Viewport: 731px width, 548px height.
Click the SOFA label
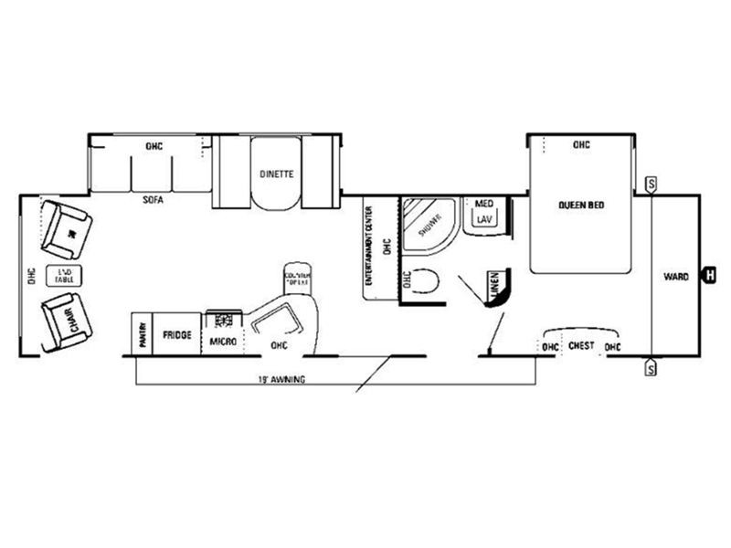tap(153, 200)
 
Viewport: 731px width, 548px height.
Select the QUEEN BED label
tap(582, 205)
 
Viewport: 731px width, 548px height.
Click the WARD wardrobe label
tap(676, 276)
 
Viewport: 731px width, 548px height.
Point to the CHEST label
tap(581, 346)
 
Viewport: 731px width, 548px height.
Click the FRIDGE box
tap(177, 334)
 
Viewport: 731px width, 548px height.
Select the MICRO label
tap(223, 342)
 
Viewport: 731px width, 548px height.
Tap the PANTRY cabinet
tap(143, 334)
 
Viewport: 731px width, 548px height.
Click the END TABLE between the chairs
tap(64, 275)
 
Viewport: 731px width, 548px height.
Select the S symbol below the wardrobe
tap(652, 368)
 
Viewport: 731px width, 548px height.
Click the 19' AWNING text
tap(281, 378)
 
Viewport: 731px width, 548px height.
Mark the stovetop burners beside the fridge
tap(222, 320)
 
